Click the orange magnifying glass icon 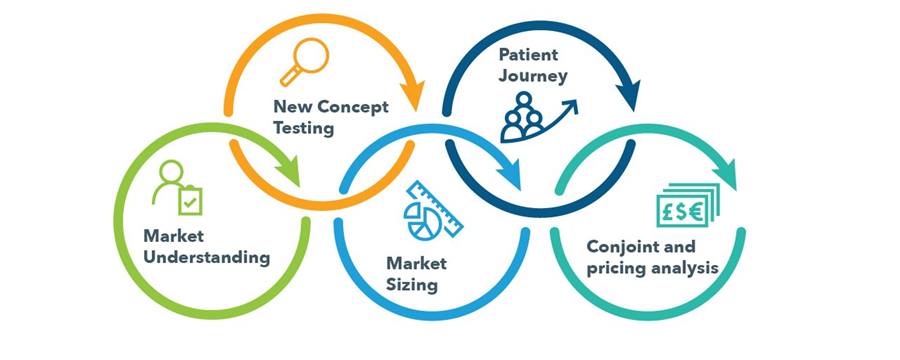tap(304, 62)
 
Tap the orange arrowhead tap(412, 94)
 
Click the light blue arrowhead tap(510, 172)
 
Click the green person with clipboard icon tap(177, 187)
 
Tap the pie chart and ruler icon tap(433, 210)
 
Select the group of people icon tap(538, 117)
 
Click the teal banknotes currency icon tap(688, 205)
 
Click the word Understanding tap(207, 258)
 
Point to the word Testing tap(303, 129)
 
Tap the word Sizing tap(412, 285)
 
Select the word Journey tap(533, 76)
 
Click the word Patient tap(528, 55)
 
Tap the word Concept tap(352, 107)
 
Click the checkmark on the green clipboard tap(189, 202)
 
